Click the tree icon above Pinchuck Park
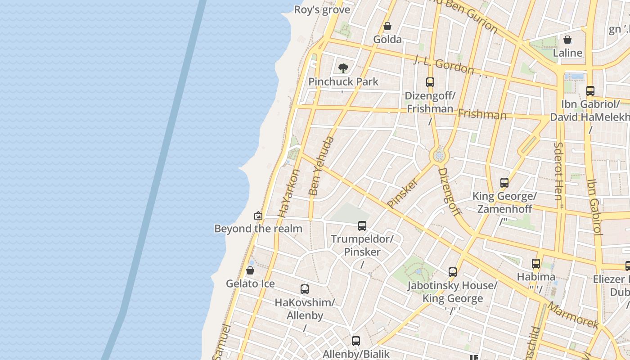tap(343, 68)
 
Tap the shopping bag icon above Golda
tap(387, 27)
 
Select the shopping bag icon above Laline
tap(567, 40)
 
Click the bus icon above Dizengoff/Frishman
tap(430, 82)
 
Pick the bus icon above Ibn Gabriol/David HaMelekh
tap(590, 91)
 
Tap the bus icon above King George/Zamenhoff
tap(504, 183)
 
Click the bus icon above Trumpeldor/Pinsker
tap(362, 225)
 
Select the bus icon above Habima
tap(535, 263)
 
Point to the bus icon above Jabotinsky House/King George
tap(452, 272)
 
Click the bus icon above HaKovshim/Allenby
tap(305, 289)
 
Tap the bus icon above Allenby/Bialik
tap(355, 341)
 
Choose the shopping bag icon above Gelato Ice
tap(250, 270)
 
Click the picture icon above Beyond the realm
tap(258, 216)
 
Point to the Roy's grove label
tap(322, 10)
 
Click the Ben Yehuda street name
tap(322, 166)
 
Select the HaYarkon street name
tap(288, 193)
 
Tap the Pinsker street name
tap(402, 193)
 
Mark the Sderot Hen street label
tap(559, 171)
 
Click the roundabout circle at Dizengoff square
tap(439, 156)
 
